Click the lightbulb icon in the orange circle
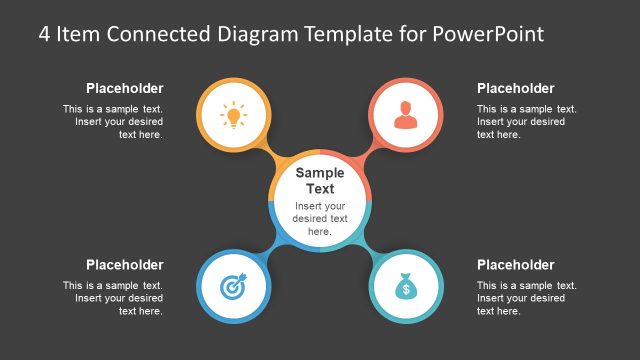point(234,116)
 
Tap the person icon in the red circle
point(405,116)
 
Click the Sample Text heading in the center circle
point(320,180)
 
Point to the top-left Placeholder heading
point(124,88)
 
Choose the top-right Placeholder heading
point(515,88)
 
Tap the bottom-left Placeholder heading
point(124,265)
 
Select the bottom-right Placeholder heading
point(515,265)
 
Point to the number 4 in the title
point(45,34)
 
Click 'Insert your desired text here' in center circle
point(320,218)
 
